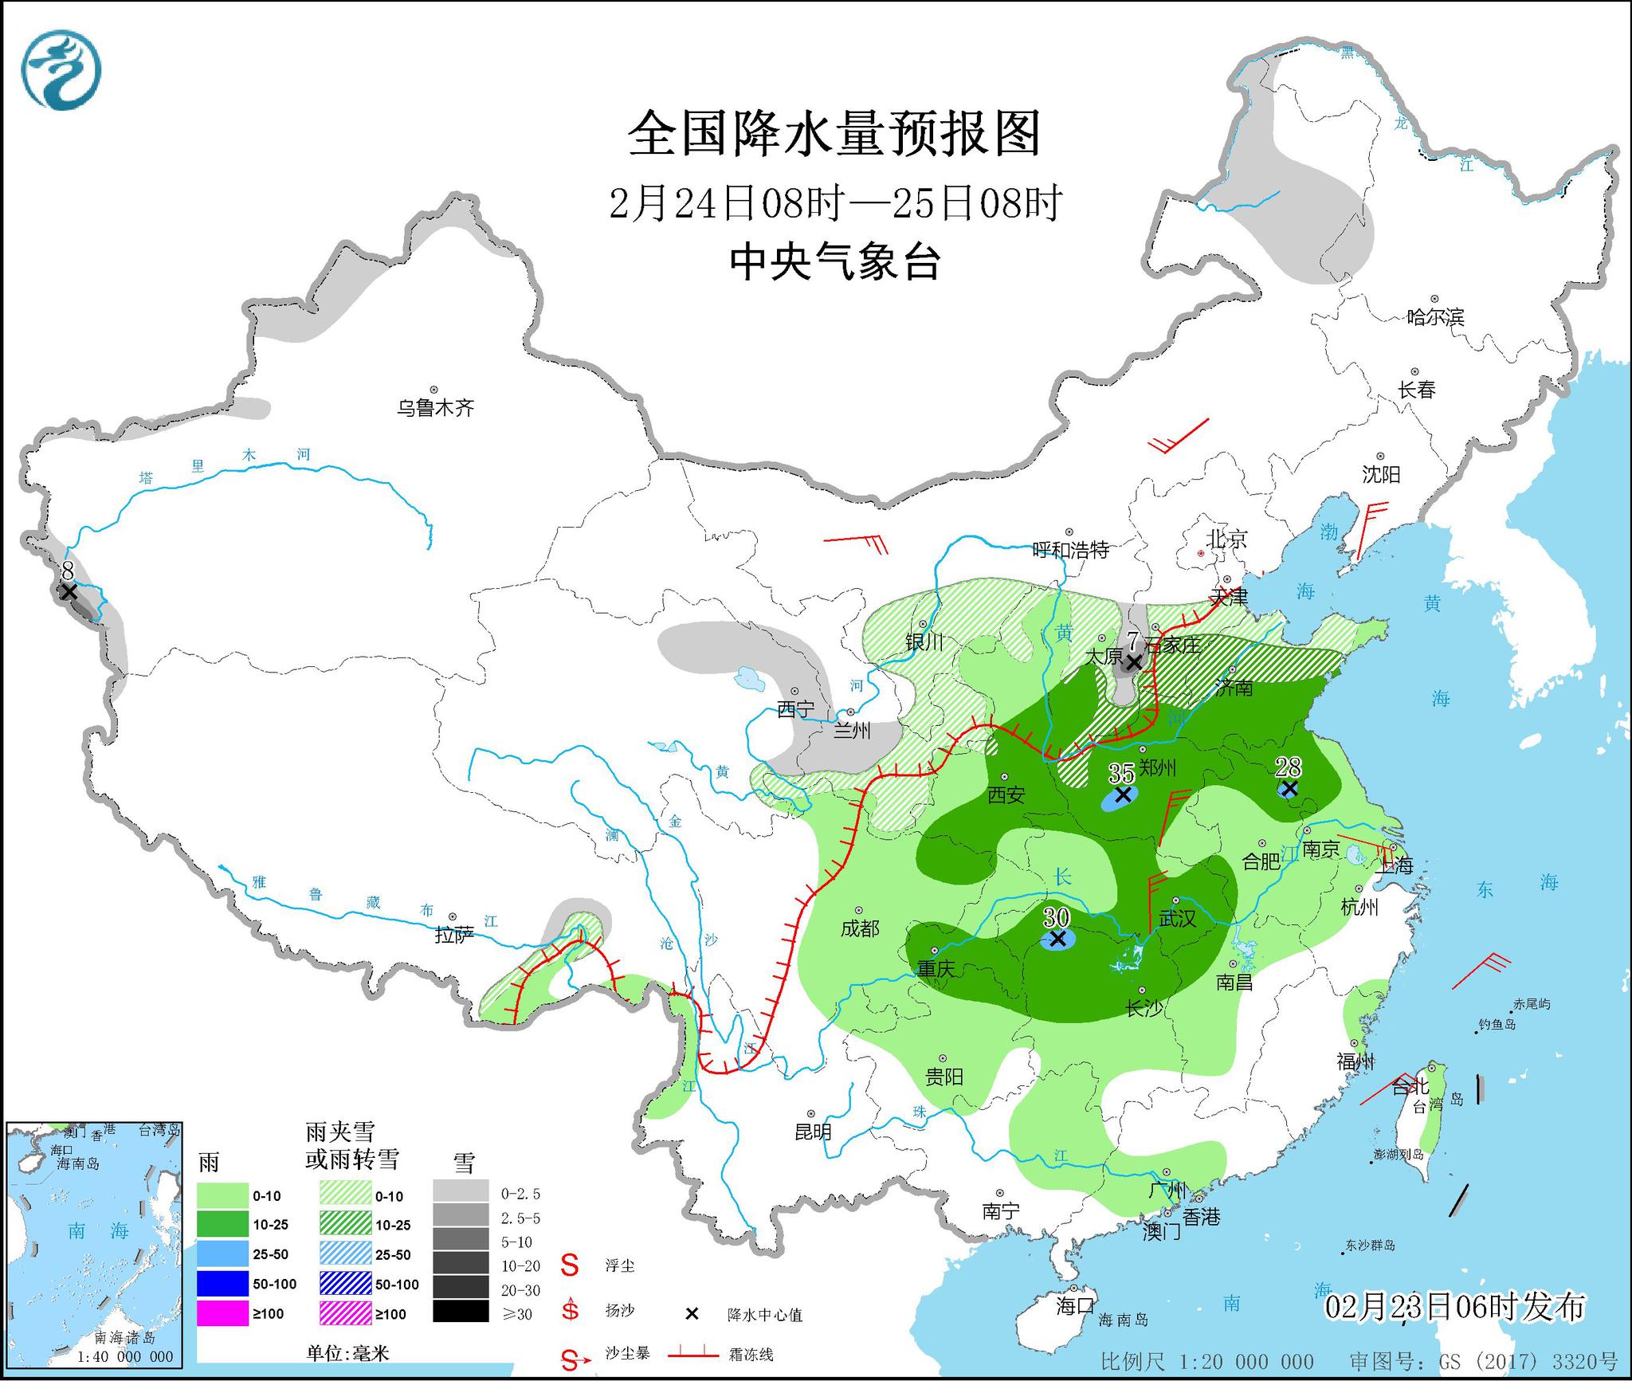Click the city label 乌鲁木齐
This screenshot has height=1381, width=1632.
(x=435, y=409)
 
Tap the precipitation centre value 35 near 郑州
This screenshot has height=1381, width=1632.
(x=1121, y=773)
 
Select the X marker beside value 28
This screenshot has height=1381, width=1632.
(x=1289, y=789)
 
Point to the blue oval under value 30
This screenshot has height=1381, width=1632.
(x=1057, y=940)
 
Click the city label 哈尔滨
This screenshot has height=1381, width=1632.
(x=1435, y=317)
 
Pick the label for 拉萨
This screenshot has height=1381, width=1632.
(x=454, y=936)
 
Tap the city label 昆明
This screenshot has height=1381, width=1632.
(x=813, y=1132)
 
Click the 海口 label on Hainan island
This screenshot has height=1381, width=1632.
(x=1075, y=1305)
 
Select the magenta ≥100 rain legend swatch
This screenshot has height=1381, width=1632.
(x=222, y=1313)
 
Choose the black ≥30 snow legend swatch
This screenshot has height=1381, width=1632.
(x=461, y=1311)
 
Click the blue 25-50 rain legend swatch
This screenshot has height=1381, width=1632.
(x=222, y=1253)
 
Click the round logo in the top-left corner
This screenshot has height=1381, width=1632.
(x=61, y=70)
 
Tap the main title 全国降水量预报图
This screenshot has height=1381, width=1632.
(x=834, y=134)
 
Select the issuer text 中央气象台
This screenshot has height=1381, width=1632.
(x=834, y=261)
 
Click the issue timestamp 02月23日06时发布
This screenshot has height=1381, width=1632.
(x=1455, y=1307)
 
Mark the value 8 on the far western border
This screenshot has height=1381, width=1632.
(x=68, y=571)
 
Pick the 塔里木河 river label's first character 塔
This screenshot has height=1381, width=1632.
(x=146, y=478)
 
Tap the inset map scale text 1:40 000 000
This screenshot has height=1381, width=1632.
(x=125, y=1356)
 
